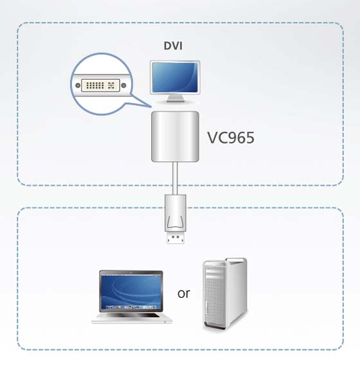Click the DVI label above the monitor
pos(173,46)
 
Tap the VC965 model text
pos(231,138)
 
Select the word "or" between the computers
pos(184,293)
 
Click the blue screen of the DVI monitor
pos(175,77)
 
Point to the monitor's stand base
pos(175,100)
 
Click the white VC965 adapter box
pos(175,136)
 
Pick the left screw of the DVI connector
pos(78,86)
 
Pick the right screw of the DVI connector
pos(123,86)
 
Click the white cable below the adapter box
pos(175,178)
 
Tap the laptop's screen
pos(130,292)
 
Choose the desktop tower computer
pos(225,294)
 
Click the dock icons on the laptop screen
pos(131,307)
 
